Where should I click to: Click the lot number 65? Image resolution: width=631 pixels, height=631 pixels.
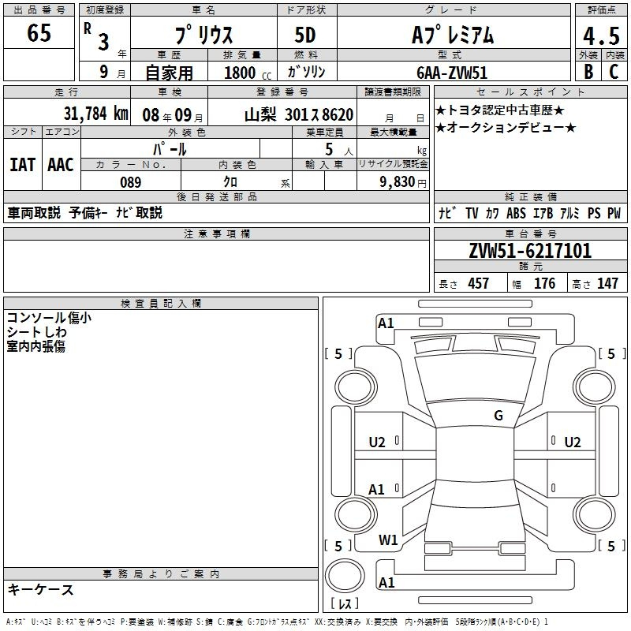[x=39, y=32]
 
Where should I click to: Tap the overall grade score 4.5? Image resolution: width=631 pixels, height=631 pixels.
[x=601, y=36]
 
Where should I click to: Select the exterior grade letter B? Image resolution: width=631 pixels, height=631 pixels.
[x=588, y=72]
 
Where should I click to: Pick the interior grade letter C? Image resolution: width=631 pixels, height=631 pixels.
[x=614, y=72]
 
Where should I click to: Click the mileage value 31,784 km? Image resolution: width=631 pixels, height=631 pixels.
[x=95, y=114]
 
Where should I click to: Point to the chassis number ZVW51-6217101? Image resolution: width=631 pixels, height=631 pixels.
[x=530, y=251]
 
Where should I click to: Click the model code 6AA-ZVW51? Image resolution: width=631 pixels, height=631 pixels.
[x=452, y=73]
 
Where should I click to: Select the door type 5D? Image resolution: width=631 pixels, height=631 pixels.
[x=305, y=35]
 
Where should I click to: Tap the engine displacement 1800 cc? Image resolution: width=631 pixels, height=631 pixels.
[x=248, y=73]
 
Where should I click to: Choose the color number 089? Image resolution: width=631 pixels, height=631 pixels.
[x=131, y=182]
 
